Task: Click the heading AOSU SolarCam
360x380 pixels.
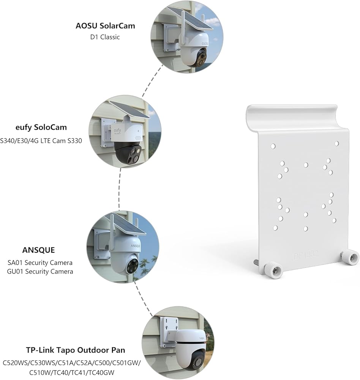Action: point(105,26)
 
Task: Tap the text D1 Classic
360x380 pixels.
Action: point(105,37)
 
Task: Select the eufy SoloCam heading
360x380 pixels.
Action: point(41,127)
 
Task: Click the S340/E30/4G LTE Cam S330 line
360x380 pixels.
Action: point(41,141)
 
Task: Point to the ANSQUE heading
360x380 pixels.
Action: point(38,250)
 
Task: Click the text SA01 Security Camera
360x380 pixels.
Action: point(40,263)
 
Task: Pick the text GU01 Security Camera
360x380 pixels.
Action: point(40,271)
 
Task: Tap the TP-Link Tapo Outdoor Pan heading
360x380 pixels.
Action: point(76,350)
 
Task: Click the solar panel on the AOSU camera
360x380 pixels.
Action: point(190,17)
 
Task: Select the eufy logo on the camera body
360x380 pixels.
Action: point(117,131)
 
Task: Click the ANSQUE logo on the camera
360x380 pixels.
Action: point(136,246)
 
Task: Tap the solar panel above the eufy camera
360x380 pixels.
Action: point(129,109)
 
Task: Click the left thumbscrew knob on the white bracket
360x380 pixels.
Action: point(273,270)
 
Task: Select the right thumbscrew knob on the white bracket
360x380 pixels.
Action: point(350,257)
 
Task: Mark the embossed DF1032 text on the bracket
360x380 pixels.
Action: point(306,255)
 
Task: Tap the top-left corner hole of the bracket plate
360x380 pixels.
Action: point(273,146)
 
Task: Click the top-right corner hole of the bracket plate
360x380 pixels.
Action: point(337,144)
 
